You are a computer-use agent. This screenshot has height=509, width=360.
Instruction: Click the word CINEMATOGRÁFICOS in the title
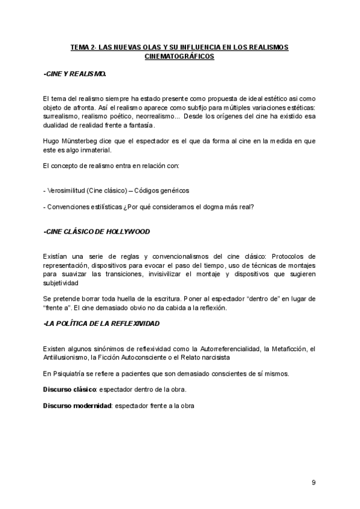(179, 56)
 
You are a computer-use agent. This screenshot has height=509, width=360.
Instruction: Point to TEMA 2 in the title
(85, 47)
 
